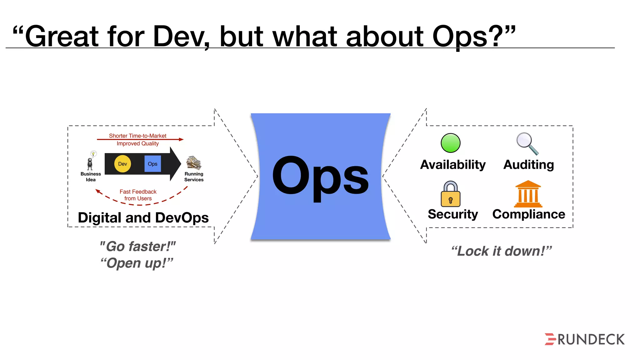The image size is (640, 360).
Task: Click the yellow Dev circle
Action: [122, 164]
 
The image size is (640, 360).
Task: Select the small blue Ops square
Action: [152, 164]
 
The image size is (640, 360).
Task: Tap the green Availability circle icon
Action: [450, 143]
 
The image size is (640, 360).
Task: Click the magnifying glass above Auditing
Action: [527, 143]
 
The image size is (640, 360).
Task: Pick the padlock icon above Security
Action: [450, 194]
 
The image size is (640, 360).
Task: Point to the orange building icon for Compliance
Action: [528, 194]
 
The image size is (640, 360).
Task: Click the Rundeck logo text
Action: [591, 340]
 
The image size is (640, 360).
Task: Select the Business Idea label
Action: [91, 177]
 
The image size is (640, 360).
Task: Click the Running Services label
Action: [194, 177]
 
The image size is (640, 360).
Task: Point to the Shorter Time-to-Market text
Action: [137, 136]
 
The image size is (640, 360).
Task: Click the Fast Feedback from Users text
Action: [138, 195]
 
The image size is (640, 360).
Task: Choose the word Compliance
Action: [528, 214]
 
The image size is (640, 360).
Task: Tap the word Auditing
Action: [528, 165]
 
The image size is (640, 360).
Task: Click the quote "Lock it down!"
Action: [501, 251]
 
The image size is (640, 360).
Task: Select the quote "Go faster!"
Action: [137, 247]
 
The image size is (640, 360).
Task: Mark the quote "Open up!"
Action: [137, 263]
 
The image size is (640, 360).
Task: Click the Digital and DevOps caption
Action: [143, 218]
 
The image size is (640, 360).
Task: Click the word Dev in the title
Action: [181, 37]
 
